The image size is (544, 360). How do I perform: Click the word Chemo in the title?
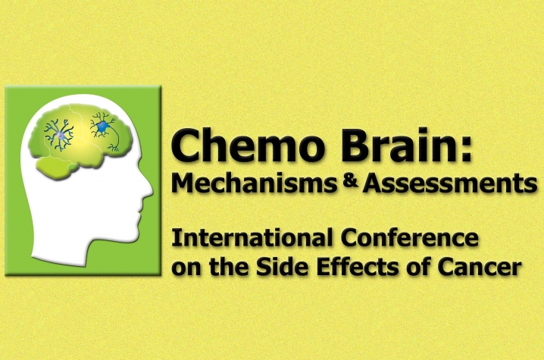point(247,145)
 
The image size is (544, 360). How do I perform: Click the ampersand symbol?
point(349,181)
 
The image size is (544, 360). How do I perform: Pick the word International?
point(252,238)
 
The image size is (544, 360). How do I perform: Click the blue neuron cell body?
point(102,127)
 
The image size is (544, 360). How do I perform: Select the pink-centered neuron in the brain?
point(60,135)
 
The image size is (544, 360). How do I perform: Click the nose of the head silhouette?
point(149,189)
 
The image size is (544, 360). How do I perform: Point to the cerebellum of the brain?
point(55,166)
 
